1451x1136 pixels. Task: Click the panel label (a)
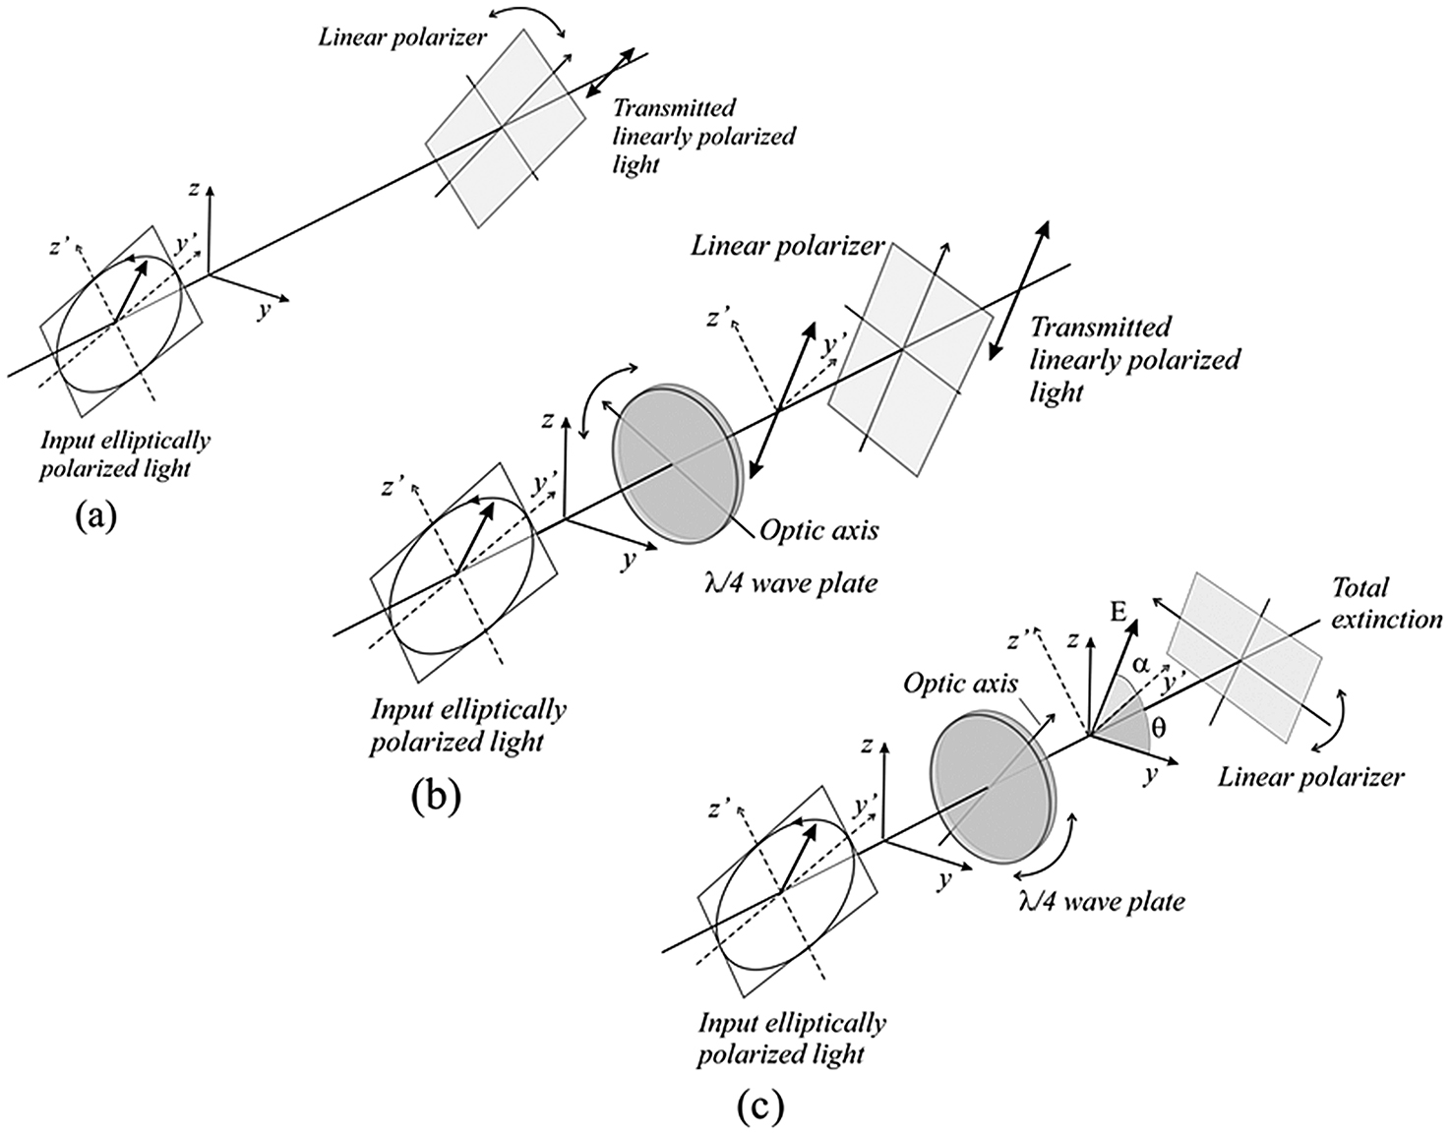96,514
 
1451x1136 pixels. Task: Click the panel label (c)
761,1107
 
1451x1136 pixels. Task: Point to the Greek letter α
1140,665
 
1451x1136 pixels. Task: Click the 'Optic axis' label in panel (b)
818,531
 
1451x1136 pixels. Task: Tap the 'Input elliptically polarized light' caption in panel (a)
124,454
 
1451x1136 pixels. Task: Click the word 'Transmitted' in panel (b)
1101,328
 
